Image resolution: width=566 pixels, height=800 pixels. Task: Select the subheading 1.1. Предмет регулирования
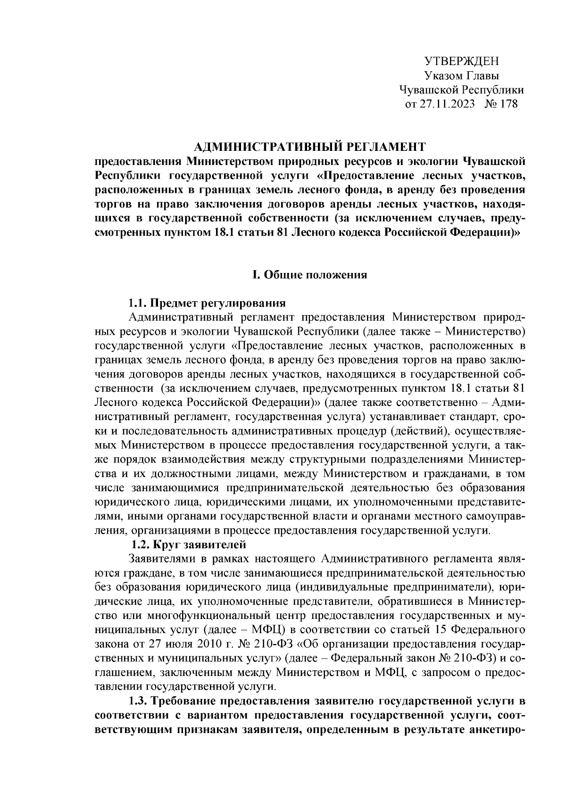click(208, 302)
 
